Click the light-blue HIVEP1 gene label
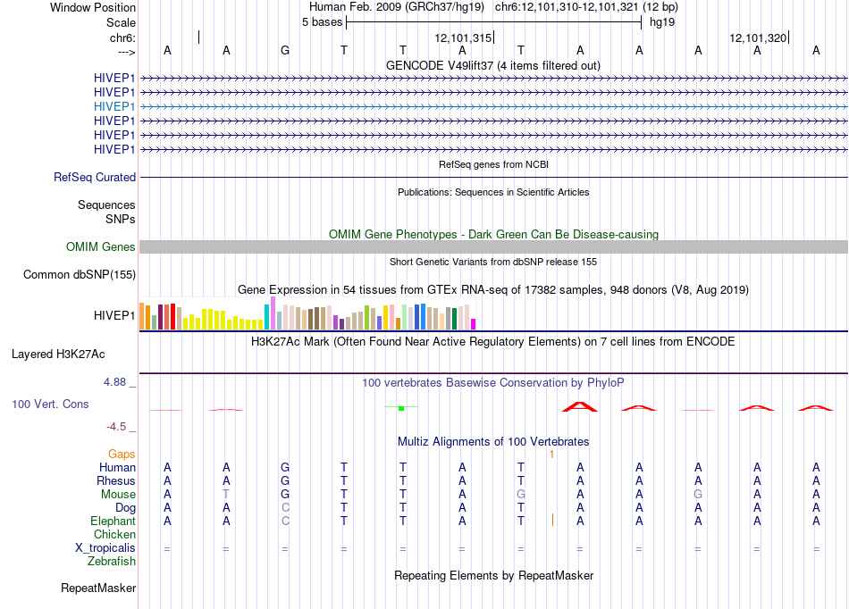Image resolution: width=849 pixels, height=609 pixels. pos(114,106)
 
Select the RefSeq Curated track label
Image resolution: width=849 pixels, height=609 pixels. pos(95,178)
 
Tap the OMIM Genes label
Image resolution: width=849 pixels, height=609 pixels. pos(101,247)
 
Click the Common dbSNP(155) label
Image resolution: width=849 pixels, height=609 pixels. pos(80,275)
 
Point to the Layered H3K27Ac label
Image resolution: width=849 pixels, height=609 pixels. pos(58,355)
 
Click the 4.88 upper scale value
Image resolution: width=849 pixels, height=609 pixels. pos(114,382)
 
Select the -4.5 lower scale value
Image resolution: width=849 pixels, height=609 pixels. pos(116,427)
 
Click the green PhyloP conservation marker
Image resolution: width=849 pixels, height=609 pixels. pos(401,408)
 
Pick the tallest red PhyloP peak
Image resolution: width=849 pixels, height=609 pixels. pos(580,406)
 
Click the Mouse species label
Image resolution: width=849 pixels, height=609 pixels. pos(118,495)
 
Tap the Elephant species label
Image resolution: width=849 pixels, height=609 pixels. pos(113,521)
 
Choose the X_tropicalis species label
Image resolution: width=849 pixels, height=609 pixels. pos(105,548)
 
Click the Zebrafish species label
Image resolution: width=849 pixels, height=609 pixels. pos(112,562)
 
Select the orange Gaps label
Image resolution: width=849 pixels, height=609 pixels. pos(122,455)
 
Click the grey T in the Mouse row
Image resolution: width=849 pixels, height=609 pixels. pos(226,495)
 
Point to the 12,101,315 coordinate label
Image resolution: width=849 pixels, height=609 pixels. pos(463,38)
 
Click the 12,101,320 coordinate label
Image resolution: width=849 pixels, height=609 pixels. pos(758,38)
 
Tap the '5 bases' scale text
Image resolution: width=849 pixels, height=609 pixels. pos(322,22)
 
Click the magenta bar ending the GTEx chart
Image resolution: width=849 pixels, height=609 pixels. pos(474,324)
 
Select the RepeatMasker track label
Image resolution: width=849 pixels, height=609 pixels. pos(98,588)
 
